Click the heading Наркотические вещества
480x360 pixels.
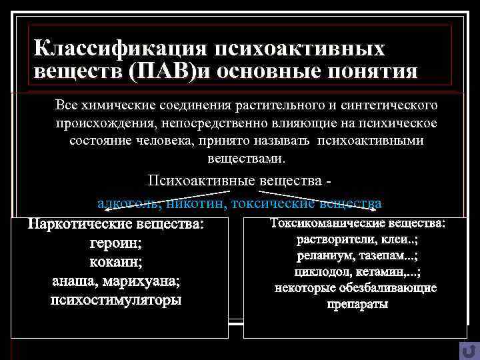(x=115, y=225)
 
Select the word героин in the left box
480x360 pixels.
(x=115, y=243)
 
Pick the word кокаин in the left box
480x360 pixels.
(x=115, y=262)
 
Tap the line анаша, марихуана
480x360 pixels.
(x=115, y=281)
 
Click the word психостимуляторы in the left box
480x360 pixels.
(x=115, y=299)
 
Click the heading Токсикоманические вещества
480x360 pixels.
(x=355, y=222)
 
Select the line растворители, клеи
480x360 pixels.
(x=355, y=239)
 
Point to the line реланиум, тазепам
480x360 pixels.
(x=355, y=255)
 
